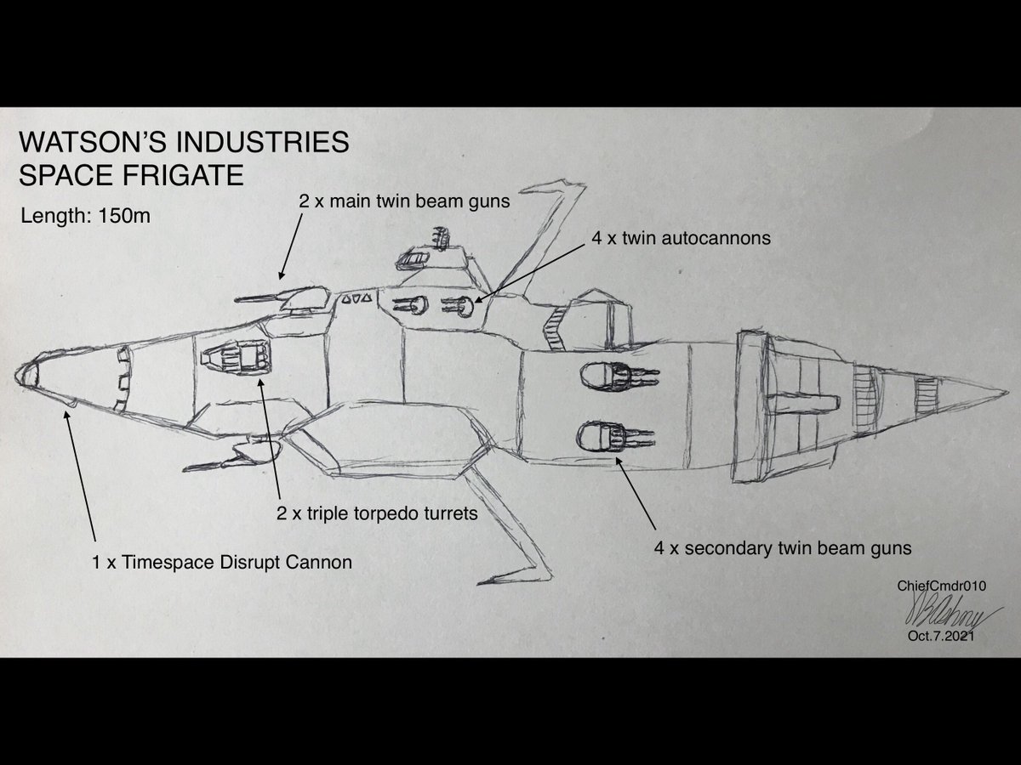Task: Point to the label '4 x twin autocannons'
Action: [x=681, y=238]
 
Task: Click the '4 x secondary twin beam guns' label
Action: [x=782, y=548]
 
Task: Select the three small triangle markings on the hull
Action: [x=356, y=299]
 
